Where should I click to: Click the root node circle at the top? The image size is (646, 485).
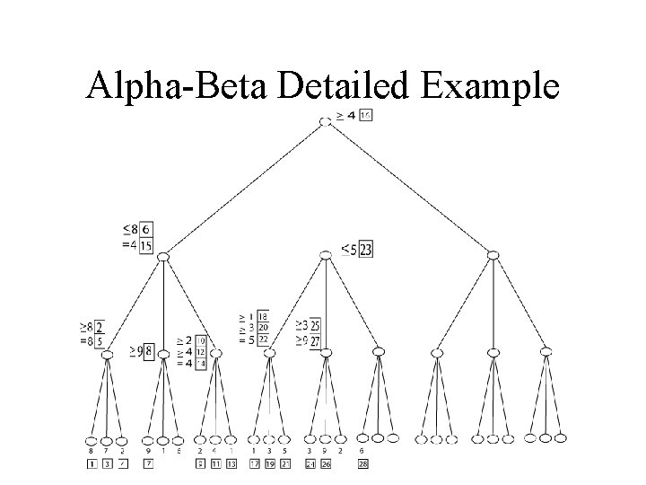tap(326, 120)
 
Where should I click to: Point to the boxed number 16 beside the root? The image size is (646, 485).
tap(365, 115)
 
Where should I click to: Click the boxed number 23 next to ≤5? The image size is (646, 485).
tap(365, 250)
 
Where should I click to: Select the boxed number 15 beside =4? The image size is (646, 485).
tap(146, 245)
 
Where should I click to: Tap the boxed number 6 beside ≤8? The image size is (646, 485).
tap(146, 230)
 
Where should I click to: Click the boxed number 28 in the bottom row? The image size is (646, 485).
tap(362, 463)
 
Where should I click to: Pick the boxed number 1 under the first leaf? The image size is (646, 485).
tap(91, 463)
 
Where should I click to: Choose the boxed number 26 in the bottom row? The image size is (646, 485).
tap(326, 463)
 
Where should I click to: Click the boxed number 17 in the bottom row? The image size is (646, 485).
tap(255, 463)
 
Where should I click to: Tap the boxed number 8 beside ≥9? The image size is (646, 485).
tap(148, 349)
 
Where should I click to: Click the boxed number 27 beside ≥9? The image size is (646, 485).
tap(315, 341)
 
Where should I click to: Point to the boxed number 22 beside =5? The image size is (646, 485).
tap(263, 339)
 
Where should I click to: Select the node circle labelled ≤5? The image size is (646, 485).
tap(326, 257)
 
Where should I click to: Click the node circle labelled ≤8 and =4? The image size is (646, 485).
tap(163, 258)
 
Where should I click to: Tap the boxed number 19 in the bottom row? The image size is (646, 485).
tap(270, 463)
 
